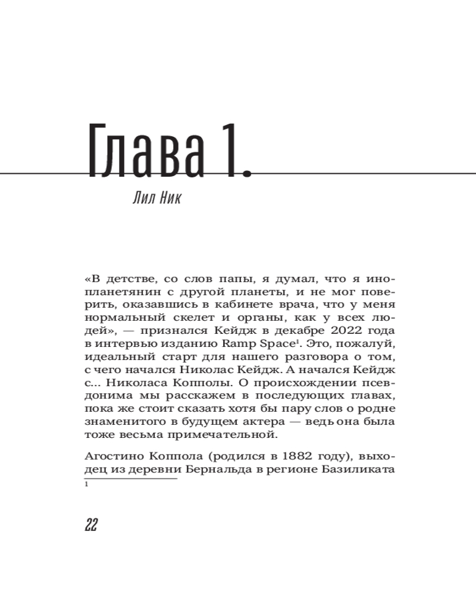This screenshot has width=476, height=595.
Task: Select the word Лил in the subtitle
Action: pos(143,198)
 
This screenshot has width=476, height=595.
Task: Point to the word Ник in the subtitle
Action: pos(170,198)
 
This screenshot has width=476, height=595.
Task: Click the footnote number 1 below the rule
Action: pos(87,486)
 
